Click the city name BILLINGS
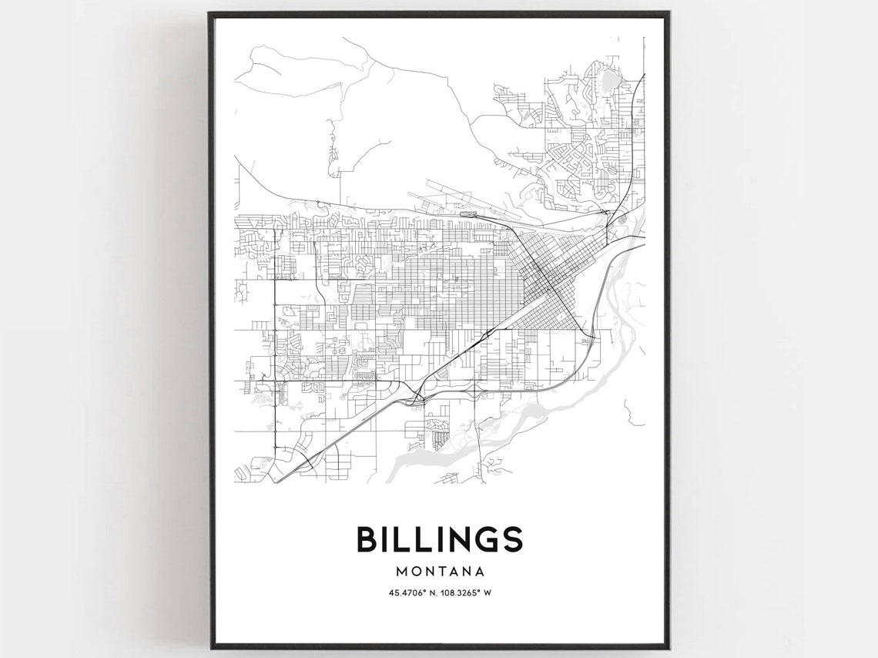point(439,539)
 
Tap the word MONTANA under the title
point(439,572)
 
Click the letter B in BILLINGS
point(366,539)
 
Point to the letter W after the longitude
point(488,593)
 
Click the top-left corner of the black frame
point(210,14)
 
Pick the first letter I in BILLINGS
point(384,539)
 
